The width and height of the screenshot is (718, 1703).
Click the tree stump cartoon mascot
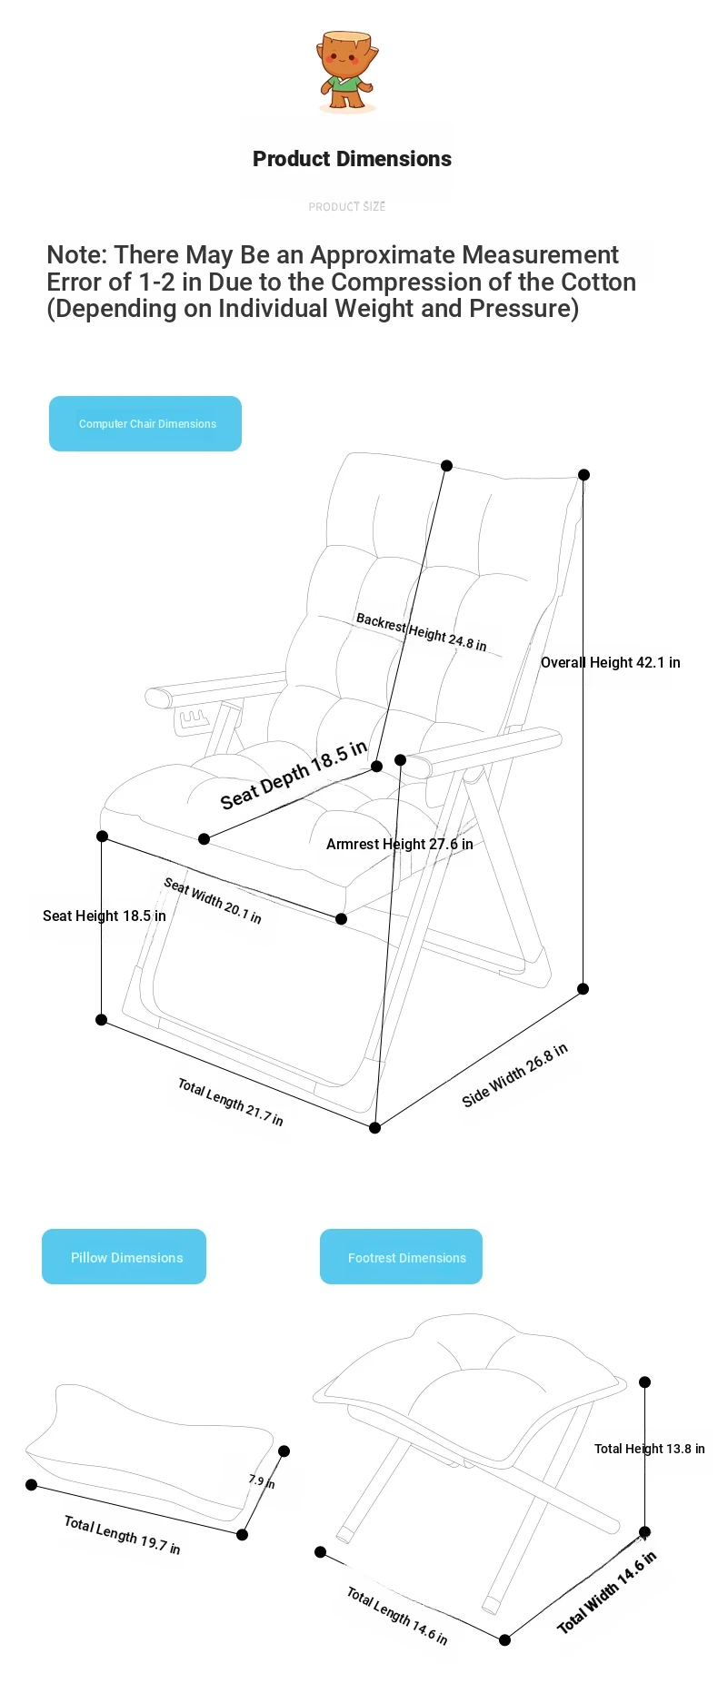348,71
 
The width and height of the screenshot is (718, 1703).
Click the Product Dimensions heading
352,159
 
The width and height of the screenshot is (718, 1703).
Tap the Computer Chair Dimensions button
145,423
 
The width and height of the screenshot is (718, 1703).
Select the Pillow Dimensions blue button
125,1257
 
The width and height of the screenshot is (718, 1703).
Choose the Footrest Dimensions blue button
401,1257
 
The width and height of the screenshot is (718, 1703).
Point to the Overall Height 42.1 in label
611,662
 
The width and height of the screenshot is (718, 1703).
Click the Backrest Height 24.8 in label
421,632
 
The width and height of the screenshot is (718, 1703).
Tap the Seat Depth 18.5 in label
294,774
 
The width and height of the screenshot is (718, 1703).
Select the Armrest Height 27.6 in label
400,844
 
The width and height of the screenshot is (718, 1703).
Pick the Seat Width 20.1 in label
213,900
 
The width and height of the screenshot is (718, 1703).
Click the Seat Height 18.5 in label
105,916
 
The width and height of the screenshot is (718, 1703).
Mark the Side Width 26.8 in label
515,1074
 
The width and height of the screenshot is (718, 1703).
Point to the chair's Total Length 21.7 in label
230,1103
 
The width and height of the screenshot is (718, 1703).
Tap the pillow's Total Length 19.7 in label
122,1535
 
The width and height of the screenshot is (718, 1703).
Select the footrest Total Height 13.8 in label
650,1449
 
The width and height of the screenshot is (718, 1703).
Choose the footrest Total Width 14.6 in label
606,1592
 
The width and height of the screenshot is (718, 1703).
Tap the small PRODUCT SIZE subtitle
347,207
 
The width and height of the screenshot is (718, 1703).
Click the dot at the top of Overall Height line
584,475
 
